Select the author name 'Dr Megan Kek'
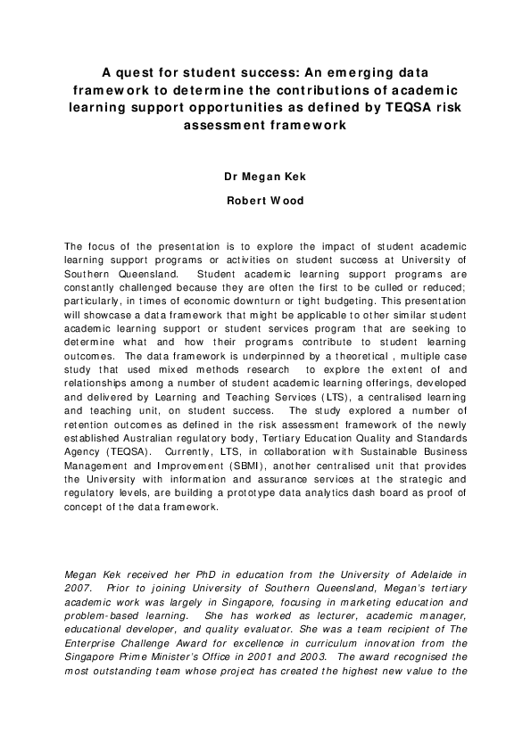(265, 176)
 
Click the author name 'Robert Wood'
(265, 201)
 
